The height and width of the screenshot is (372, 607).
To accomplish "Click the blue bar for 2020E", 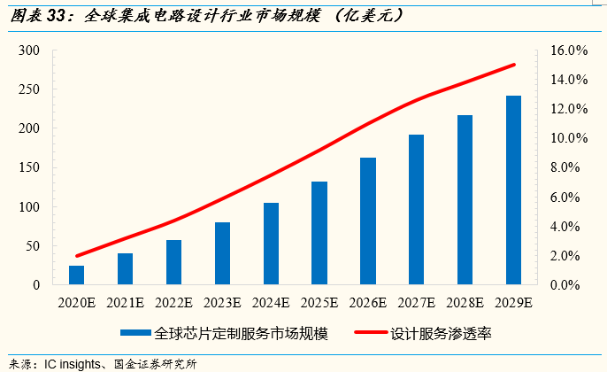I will tap(77, 275).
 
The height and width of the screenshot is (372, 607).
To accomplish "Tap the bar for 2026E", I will tap(368, 221).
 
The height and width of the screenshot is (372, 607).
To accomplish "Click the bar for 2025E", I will tap(319, 233).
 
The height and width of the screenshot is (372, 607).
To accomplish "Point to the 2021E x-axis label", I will tap(125, 304).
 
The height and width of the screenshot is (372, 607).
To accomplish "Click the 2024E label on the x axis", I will tap(271, 304).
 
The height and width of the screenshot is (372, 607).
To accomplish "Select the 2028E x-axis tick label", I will tap(465, 304).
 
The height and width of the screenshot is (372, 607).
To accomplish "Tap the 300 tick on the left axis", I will tap(29, 50).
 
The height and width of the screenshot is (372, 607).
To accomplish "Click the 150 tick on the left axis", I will tap(29, 167).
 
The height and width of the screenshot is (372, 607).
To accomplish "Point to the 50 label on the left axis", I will tap(33, 246).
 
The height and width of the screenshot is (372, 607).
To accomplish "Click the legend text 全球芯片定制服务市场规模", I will tap(242, 334).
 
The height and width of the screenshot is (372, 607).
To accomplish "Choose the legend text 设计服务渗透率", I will tap(441, 334).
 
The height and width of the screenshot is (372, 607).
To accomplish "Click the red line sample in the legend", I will tap(369, 334).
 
